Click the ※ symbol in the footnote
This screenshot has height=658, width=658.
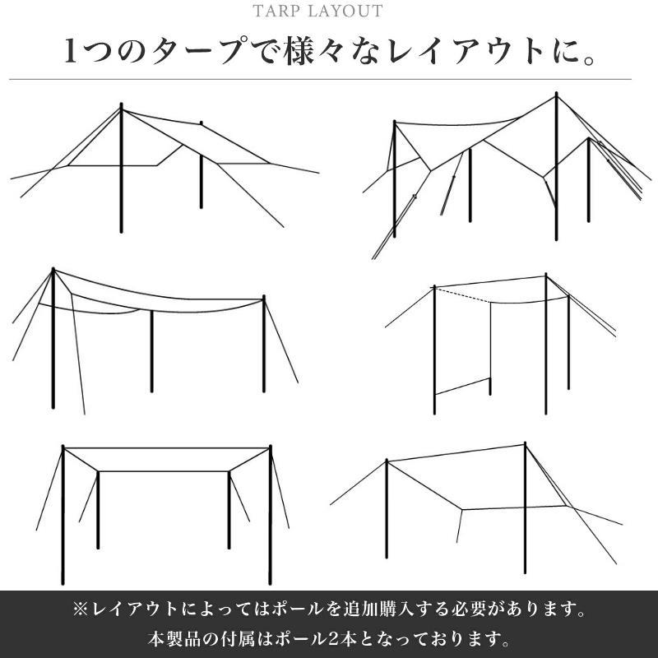pos(80,611)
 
